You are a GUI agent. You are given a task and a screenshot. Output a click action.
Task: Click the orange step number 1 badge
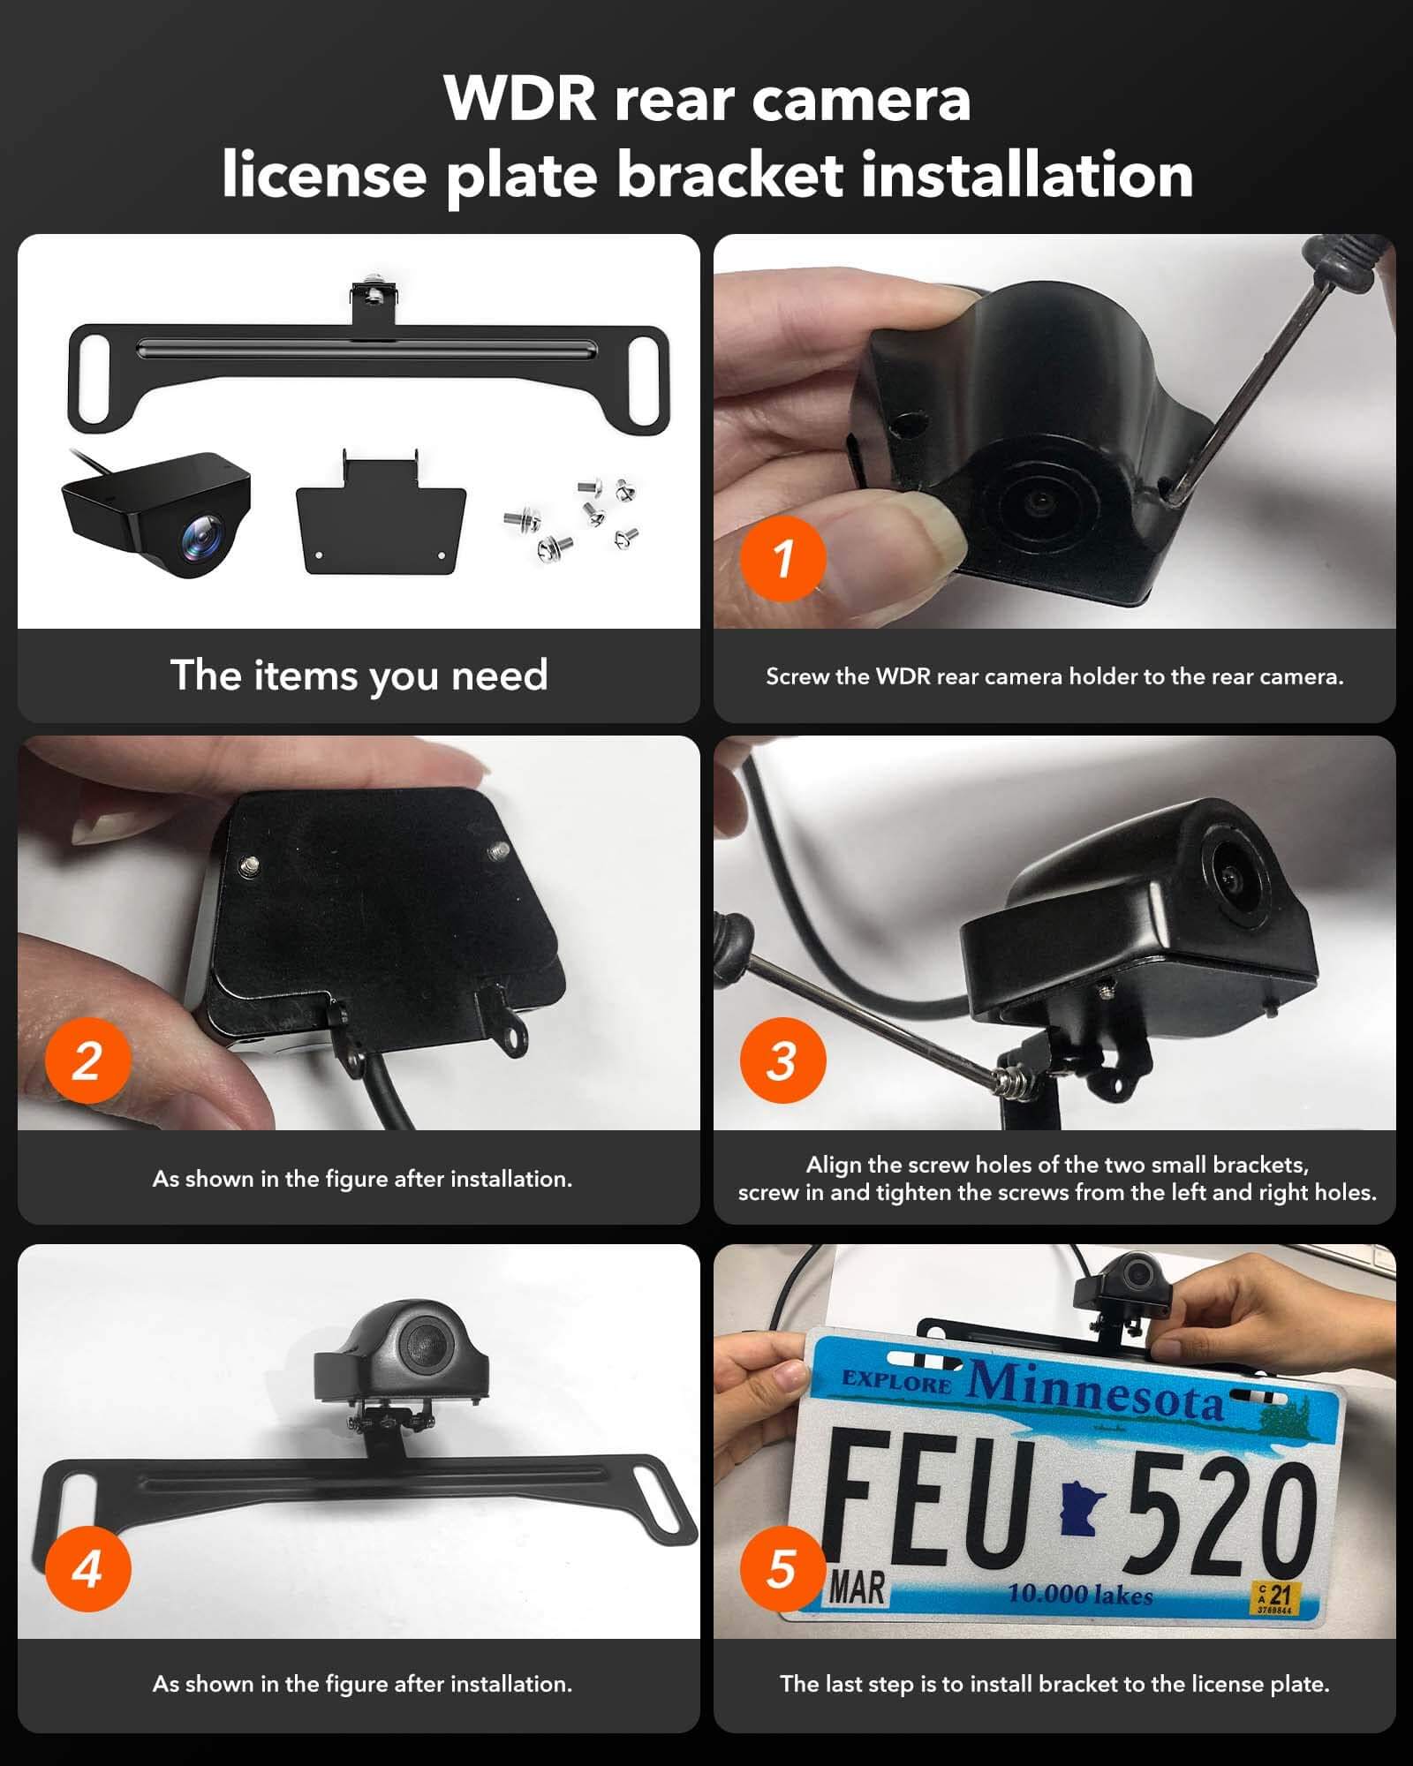782,558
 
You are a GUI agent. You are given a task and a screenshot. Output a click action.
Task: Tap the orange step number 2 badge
87,1060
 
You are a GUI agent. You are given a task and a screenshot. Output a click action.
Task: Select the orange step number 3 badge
782,1060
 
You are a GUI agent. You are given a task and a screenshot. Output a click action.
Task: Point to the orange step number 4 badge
87,1569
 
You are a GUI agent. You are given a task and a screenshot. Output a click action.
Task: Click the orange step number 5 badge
782,1569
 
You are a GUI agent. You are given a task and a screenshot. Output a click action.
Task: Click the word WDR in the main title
521,98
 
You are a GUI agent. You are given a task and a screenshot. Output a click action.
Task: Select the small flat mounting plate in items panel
380,521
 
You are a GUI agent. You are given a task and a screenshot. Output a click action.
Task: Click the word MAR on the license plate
857,1588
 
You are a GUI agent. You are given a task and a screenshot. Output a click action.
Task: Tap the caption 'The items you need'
359,675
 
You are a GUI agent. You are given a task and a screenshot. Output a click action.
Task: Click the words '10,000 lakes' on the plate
1080,1595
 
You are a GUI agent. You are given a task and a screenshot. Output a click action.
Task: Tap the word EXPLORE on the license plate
896,1380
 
